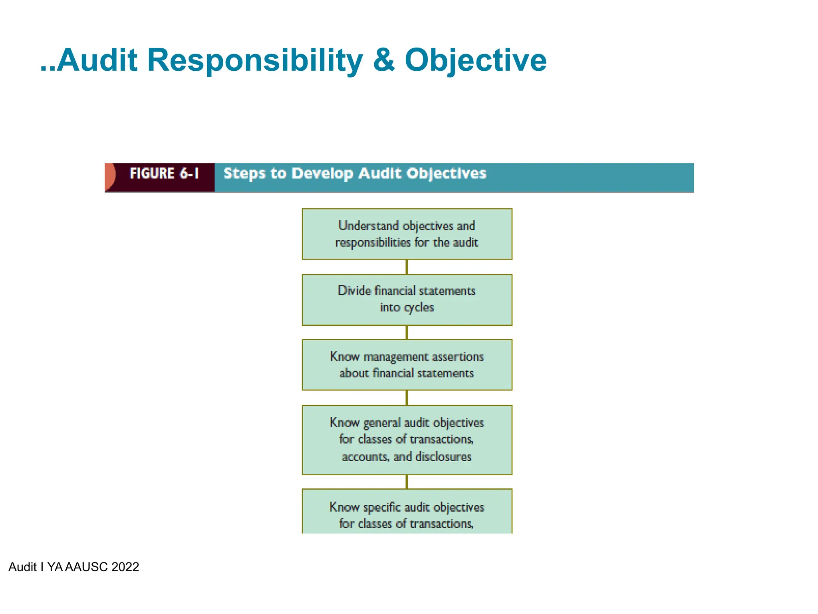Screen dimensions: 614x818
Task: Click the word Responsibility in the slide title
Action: point(255,61)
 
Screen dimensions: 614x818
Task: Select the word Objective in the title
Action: point(475,61)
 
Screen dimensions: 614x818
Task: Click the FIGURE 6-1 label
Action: point(164,173)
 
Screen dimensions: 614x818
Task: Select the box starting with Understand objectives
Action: point(407,234)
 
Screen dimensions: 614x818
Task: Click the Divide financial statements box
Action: point(407,300)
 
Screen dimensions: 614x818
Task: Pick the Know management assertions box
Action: point(407,365)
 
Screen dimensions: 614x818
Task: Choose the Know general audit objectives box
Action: point(407,440)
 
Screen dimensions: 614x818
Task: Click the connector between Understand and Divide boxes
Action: point(407,267)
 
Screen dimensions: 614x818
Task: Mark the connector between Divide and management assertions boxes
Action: point(407,333)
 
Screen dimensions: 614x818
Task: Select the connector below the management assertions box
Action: point(407,398)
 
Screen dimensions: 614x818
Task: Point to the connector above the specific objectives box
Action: point(407,482)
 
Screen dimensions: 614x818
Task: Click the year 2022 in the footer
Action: point(125,567)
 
